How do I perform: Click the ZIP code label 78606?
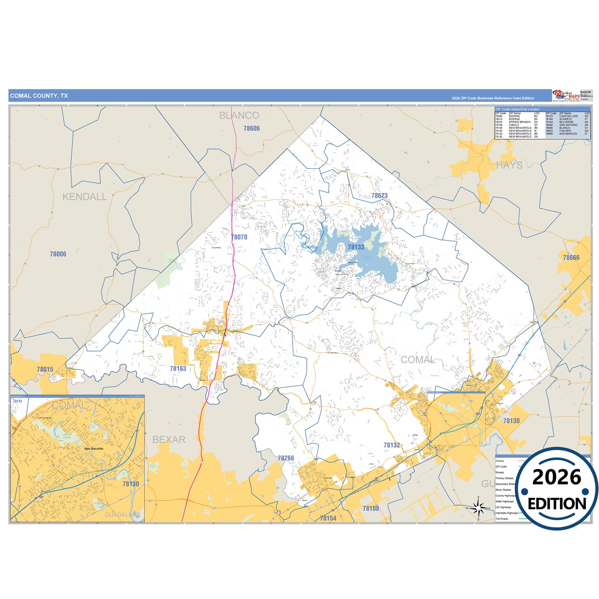252,129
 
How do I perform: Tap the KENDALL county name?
85,197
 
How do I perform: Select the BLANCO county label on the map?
239,116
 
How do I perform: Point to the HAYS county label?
509,165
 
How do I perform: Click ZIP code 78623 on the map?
379,196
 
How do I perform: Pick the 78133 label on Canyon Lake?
356,247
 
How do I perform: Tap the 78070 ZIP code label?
239,237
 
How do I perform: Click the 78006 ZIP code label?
58,254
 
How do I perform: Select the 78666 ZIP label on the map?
571,257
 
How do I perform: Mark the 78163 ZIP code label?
178,369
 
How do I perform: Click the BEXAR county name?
169,439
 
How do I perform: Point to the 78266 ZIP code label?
286,458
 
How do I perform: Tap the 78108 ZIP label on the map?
371,508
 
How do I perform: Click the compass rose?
478,507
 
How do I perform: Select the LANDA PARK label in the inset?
67,436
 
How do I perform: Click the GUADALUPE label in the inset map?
122,515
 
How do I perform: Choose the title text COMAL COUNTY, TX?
39,96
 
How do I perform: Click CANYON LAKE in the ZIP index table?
568,116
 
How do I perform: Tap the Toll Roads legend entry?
502,519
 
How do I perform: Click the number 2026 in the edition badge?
556,477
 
